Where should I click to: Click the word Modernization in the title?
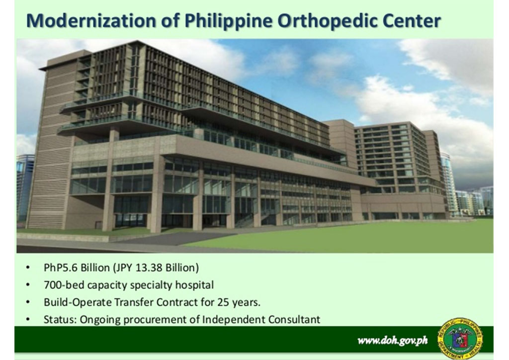[91, 20]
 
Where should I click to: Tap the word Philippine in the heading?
[229, 21]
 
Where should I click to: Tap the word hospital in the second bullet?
[194, 285]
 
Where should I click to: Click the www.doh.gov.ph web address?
[393, 341]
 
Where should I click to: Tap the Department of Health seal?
[460, 339]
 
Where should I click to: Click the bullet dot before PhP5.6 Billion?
[28, 268]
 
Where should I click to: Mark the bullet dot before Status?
[28, 320]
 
